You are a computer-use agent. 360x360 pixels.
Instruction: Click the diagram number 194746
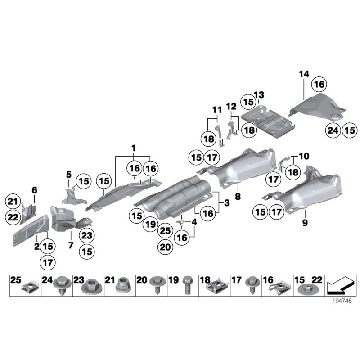coord(342,301)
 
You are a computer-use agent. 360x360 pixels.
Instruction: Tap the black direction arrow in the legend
coord(341,286)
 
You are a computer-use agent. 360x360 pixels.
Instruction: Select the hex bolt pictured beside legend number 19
coord(187,285)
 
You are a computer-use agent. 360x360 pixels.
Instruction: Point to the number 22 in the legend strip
coord(317,279)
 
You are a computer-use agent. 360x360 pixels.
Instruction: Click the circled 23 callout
coord(87,235)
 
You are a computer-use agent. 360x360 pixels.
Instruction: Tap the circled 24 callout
coord(333,130)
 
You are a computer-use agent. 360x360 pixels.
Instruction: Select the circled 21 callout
coord(13,202)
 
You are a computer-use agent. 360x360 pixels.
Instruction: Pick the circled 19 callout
coord(150,224)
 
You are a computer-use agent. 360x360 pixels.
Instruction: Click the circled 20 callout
coord(165,247)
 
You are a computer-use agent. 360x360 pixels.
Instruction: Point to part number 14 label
coord(304,74)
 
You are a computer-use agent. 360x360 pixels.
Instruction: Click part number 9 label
coord(305,222)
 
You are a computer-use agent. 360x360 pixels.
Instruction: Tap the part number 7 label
coord(71,245)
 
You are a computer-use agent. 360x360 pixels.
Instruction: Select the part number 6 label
coord(34,190)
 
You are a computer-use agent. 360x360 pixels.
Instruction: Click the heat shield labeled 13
coord(268,121)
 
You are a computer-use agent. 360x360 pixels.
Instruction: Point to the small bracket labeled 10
coord(284,162)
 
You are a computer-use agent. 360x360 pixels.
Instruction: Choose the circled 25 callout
coord(165,230)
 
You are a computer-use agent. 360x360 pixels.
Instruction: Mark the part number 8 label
coord(238,196)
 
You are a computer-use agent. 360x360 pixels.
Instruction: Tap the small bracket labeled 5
coord(72,196)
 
